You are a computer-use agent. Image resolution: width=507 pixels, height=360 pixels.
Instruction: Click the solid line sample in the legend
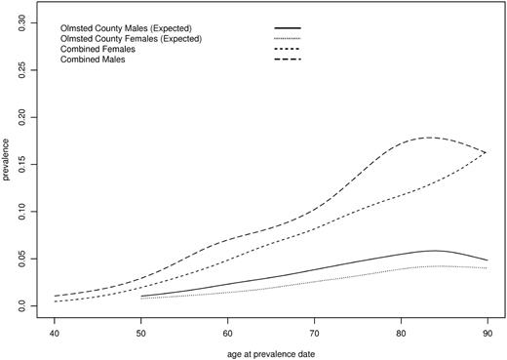click(290, 27)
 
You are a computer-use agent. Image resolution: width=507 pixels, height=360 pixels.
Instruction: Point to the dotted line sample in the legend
click(290, 38)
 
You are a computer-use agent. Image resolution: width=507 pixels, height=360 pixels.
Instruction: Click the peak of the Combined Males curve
click(430, 138)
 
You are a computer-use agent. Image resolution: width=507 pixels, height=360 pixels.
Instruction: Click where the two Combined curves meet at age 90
click(487, 152)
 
